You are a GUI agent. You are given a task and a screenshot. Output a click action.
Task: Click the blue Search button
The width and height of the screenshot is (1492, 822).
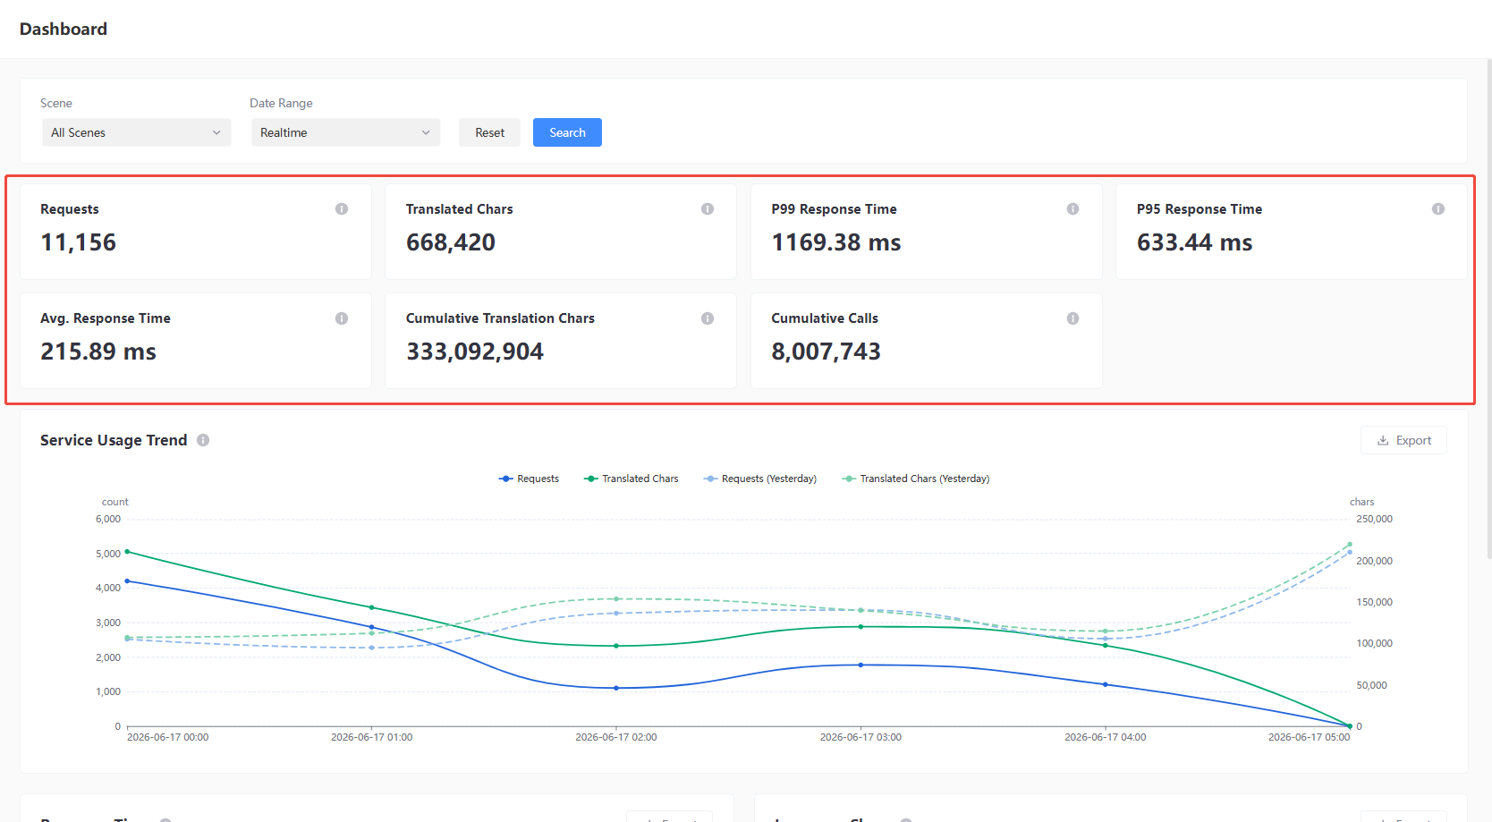(x=567, y=132)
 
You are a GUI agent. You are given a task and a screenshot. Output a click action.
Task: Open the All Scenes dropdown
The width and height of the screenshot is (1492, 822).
(x=137, y=132)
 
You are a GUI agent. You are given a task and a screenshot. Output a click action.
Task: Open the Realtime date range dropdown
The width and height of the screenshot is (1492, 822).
(x=345, y=132)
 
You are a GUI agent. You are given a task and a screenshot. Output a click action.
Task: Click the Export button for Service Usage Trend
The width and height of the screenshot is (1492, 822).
(x=1403, y=440)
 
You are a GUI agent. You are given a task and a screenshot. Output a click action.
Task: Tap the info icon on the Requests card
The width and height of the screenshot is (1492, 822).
(x=342, y=209)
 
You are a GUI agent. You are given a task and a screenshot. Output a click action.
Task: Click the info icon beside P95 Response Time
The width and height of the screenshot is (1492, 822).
(x=1438, y=209)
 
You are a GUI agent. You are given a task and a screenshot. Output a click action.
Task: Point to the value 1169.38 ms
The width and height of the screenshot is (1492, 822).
(x=836, y=242)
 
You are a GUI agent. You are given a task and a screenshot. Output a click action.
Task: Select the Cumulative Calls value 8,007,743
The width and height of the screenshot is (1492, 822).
(x=826, y=351)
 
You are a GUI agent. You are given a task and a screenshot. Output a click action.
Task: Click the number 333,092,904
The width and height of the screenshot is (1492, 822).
(x=475, y=351)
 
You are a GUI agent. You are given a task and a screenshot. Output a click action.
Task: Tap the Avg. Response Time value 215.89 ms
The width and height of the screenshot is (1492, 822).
(x=97, y=351)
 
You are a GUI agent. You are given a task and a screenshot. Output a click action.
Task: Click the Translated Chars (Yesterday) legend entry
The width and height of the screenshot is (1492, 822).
(x=916, y=479)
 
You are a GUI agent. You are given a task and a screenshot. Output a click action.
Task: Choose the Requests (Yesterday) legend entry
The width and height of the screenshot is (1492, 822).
(x=760, y=479)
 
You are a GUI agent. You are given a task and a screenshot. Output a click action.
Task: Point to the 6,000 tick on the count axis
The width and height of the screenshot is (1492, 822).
(x=108, y=519)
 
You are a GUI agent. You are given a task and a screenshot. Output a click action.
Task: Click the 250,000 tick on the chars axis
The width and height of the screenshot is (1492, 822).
(x=1374, y=519)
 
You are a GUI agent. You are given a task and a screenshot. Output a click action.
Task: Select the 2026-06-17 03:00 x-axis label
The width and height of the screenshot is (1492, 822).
(x=860, y=737)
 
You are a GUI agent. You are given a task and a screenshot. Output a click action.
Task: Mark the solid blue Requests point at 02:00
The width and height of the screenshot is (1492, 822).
(x=616, y=688)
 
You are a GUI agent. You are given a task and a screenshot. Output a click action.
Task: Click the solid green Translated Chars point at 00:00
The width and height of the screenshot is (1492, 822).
(x=127, y=552)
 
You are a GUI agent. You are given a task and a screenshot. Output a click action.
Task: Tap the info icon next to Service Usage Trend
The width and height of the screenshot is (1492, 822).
(x=203, y=440)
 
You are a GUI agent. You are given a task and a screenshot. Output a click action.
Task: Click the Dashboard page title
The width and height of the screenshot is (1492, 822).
(x=64, y=29)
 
